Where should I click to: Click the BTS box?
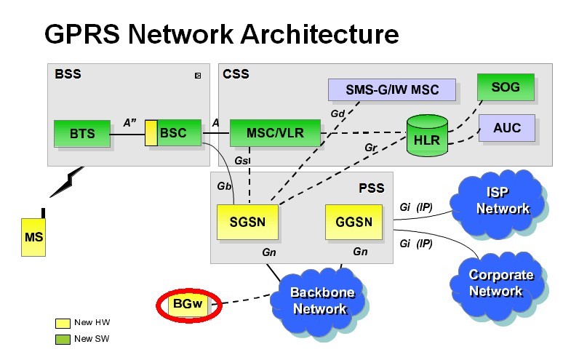point(81,134)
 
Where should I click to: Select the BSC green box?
point(173,133)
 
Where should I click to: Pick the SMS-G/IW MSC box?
point(392,89)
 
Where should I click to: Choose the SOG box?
point(506,87)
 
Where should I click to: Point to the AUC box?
point(506,128)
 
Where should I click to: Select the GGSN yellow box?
point(353,221)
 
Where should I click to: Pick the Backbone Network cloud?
point(322,300)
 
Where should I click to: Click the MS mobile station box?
point(33,237)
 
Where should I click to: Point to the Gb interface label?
point(224,186)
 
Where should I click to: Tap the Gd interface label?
point(338,114)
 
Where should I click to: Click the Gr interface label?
point(372,148)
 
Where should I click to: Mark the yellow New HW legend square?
point(63,322)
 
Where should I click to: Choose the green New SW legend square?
point(63,338)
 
